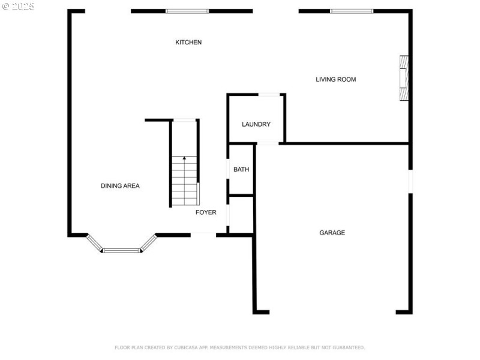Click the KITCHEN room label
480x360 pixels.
pyautogui.click(x=188, y=42)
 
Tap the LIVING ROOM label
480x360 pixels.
pyautogui.click(x=336, y=79)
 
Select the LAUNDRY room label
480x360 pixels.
pyautogui.click(x=256, y=124)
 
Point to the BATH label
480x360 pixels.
pyautogui.click(x=241, y=169)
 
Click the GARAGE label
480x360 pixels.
pyautogui.click(x=332, y=233)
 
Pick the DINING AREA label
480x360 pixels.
pyautogui.click(x=121, y=186)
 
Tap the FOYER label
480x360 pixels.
pyautogui.click(x=206, y=212)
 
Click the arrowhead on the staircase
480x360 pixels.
pyautogui.click(x=184, y=158)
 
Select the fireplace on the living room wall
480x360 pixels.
pyautogui.click(x=404, y=78)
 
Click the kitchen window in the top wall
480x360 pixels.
pyautogui.click(x=187, y=11)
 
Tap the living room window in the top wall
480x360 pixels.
pyautogui.click(x=352, y=11)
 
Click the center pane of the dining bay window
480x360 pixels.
pyautogui.click(x=122, y=251)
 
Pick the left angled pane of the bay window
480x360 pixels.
pyautogui.click(x=94, y=243)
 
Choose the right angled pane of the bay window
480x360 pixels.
pyautogui.click(x=149, y=243)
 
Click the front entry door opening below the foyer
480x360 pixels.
pyautogui.click(x=203, y=235)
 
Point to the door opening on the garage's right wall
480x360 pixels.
pyautogui.click(x=410, y=181)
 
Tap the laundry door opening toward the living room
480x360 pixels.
pyautogui.click(x=269, y=95)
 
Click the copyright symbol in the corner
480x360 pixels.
pyautogui.click(x=6, y=7)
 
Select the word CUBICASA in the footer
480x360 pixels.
pyautogui.click(x=186, y=347)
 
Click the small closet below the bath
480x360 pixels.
pyautogui.click(x=241, y=214)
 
